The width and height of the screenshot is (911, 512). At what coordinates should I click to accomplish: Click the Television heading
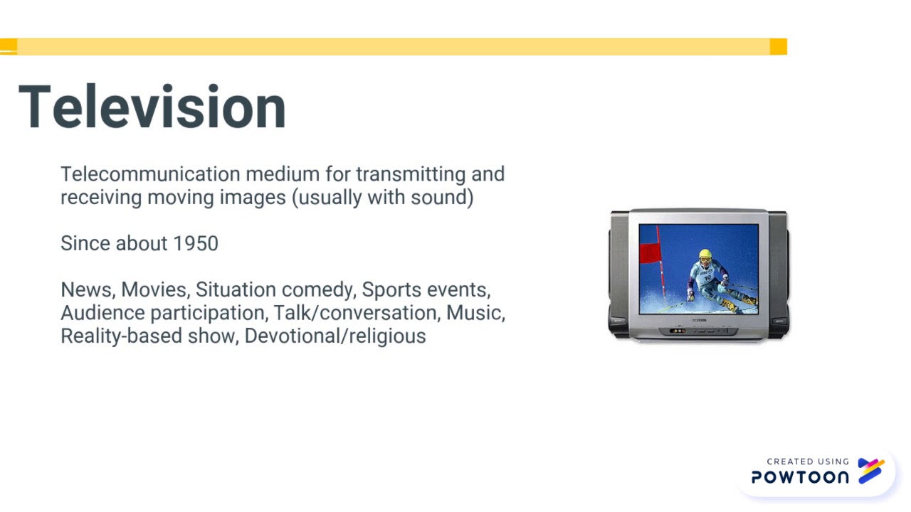point(152,107)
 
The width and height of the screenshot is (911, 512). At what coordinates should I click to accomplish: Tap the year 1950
point(196,243)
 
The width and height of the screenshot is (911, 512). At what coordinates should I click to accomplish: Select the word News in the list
point(86,290)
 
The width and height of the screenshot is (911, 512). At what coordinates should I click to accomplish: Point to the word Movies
point(154,290)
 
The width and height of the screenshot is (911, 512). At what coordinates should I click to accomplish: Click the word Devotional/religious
point(335,336)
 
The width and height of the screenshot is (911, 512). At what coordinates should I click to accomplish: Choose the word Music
point(475,313)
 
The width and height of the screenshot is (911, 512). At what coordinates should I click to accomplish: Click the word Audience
point(102,313)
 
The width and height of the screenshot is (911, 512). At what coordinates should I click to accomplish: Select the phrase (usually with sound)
point(383,197)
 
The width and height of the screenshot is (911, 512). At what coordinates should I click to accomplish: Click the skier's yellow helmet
point(705,255)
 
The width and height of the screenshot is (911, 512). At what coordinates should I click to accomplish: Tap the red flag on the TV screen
point(651,252)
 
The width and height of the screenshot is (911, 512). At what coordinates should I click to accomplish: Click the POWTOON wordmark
point(800,477)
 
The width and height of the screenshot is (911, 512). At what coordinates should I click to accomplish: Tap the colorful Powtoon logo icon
point(870,470)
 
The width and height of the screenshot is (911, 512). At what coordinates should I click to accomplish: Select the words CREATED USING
point(808,462)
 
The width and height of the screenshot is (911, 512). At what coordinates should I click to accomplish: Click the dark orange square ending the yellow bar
point(778,47)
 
